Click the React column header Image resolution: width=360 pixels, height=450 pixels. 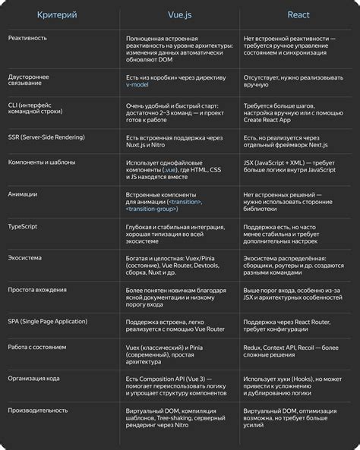(x=298, y=14)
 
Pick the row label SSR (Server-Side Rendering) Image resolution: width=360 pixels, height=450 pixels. (x=46, y=137)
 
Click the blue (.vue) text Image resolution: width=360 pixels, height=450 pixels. (x=169, y=169)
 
